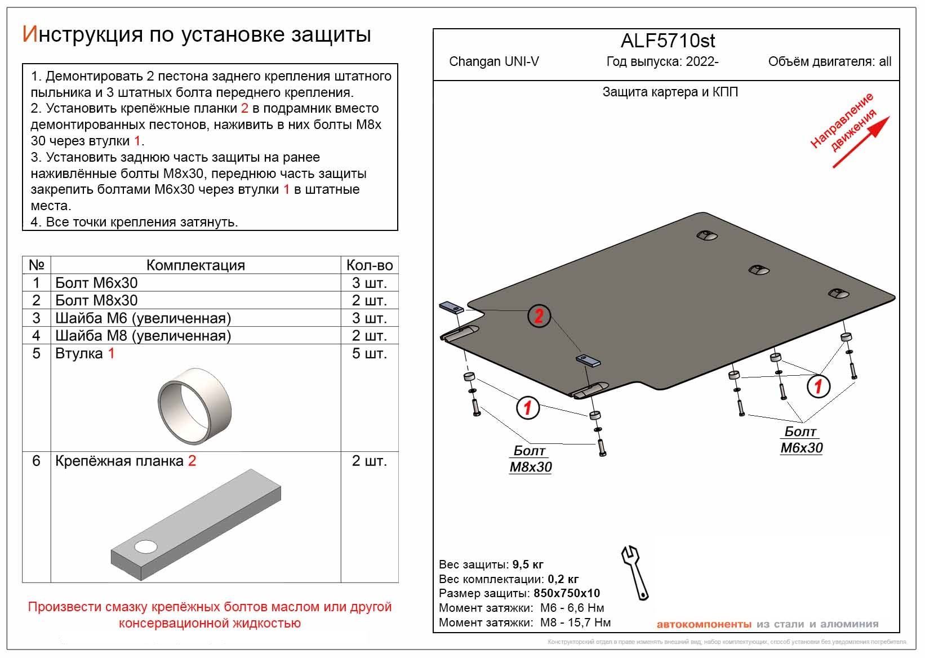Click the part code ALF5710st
coord(668,41)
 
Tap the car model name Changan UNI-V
coord(493,61)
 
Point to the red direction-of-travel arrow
coord(861,142)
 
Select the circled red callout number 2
coord(539,315)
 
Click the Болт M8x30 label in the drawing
coord(530,459)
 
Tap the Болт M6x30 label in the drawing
coord(801,440)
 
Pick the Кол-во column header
coord(370,265)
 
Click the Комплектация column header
coord(195,265)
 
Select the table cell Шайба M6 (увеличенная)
coord(143,318)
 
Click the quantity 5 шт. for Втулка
coord(370,354)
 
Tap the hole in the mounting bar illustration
coord(146,546)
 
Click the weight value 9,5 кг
coord(528,564)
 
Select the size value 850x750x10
coord(566,593)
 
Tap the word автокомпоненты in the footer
coord(704,624)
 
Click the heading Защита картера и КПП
coord(670,92)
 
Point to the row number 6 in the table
coord(37,461)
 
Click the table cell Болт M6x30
coord(96,283)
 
